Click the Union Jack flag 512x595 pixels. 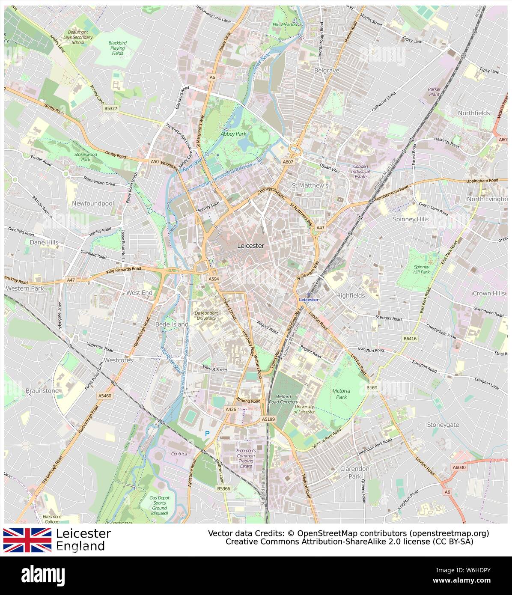(27, 540)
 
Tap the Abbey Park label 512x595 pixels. (234, 134)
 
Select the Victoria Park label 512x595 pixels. (341, 394)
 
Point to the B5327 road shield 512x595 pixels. (110, 109)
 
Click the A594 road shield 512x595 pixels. (214, 279)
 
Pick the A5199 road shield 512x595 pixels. (268, 419)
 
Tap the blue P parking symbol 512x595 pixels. (207, 434)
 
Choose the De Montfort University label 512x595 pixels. (206, 315)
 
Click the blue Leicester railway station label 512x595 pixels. (309, 300)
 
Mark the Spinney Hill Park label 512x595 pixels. (421, 269)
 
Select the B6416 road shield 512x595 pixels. (410, 339)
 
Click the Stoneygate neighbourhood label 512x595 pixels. (443, 425)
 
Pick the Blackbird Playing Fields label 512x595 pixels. (117, 48)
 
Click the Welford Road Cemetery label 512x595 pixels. (286, 399)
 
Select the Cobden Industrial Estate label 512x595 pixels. (360, 171)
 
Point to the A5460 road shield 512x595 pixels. (104, 396)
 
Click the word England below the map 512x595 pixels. (80, 546)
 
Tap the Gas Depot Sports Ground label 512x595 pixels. (159, 505)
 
